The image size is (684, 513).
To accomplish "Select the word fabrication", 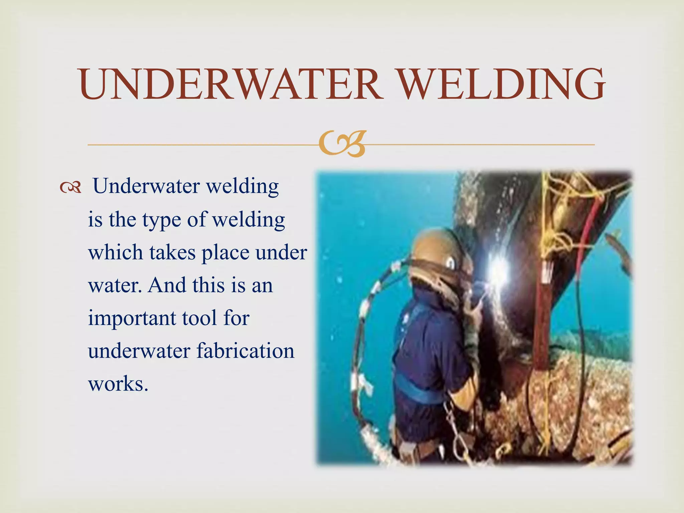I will click(x=245, y=351).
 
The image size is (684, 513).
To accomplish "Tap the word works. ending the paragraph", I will click(x=118, y=383).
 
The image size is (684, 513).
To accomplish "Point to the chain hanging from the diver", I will click(x=454, y=421).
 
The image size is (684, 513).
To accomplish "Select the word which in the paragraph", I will click(x=114, y=252).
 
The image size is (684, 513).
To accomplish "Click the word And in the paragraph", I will click(x=167, y=285).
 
